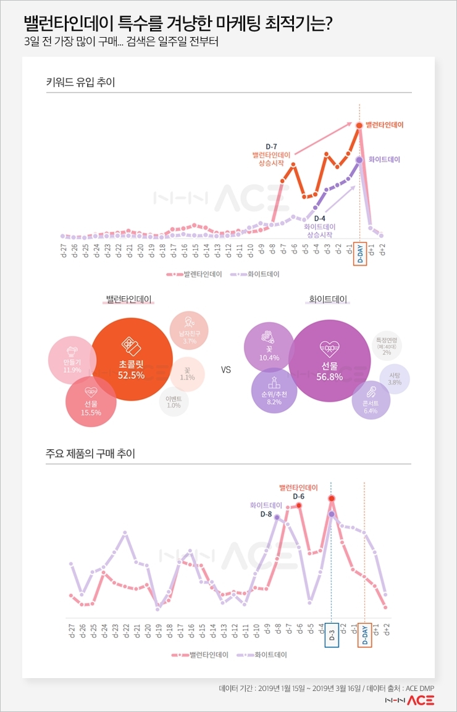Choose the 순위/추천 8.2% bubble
coord(274,392)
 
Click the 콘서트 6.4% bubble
coord(371,400)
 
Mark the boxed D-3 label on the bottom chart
coord(331,636)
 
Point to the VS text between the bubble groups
coord(225,370)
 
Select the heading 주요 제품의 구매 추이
coord(90,453)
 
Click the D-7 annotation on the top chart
coord(272,146)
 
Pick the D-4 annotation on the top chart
coord(319,218)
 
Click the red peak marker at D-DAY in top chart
coord(359,126)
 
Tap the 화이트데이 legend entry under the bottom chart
coord(258,655)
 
